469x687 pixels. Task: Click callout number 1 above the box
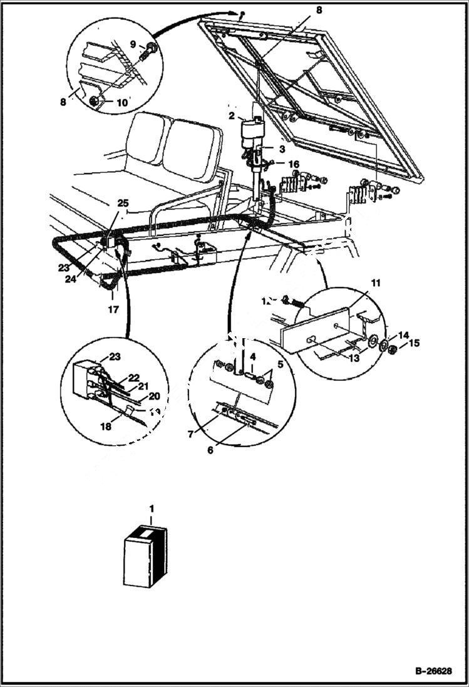click(151, 510)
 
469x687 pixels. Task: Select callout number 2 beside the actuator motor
click(232, 117)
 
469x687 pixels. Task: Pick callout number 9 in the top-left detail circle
click(132, 44)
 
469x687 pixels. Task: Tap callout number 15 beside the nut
click(415, 343)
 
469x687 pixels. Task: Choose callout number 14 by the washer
click(404, 335)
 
